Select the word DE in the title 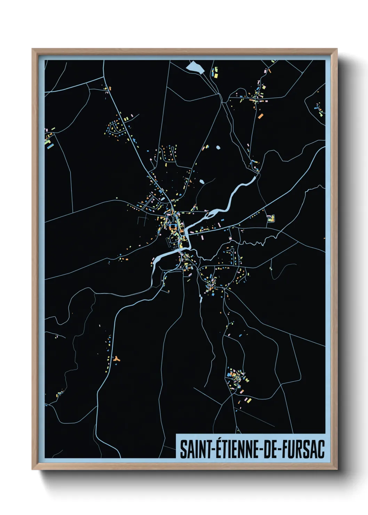pyautogui.click(x=271, y=449)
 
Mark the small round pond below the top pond pyautogui.click(x=218, y=148)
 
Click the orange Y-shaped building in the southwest pyautogui.click(x=116, y=358)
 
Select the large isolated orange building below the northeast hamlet pyautogui.click(x=260, y=116)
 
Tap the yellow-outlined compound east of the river pyautogui.click(x=271, y=219)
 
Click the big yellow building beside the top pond pyautogui.click(x=215, y=75)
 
